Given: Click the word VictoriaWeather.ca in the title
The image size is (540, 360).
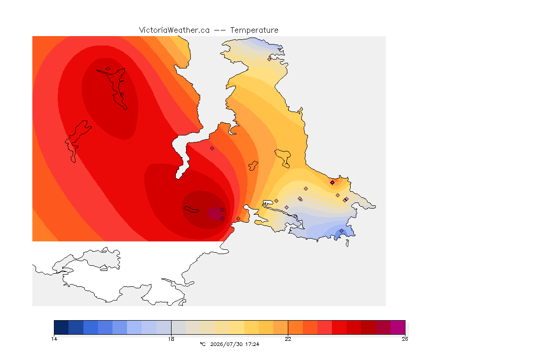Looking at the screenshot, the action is tap(174, 30).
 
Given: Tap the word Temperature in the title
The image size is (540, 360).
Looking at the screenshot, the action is tap(254, 30).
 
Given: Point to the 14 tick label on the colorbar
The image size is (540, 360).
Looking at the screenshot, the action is tap(54, 339).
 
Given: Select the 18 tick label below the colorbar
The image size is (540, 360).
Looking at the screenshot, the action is tap(171, 339).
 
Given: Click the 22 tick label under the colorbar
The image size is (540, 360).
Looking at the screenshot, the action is tap(288, 339).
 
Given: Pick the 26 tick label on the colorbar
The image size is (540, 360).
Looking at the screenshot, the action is tap(405, 339).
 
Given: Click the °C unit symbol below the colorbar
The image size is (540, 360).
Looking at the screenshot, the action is tap(202, 344).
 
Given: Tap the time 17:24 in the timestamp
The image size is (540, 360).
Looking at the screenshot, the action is tap(252, 344).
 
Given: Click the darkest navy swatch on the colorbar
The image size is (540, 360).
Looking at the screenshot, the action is tap(61, 327).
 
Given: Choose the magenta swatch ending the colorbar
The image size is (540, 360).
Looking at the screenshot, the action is tap(398, 327).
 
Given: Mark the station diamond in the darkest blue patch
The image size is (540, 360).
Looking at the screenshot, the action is tap(341, 231).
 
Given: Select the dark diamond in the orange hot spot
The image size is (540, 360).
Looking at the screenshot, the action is tap(332, 183).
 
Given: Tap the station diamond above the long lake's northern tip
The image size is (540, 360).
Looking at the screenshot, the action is tap(108, 68).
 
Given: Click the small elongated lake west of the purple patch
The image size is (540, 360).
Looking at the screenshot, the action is tap(192, 210).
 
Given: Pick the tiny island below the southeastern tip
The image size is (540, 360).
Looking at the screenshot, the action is tap(347, 243).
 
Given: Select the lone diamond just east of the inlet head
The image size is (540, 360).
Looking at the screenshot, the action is tap(212, 149).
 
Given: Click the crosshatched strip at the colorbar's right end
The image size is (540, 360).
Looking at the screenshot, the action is tap(407, 327).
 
